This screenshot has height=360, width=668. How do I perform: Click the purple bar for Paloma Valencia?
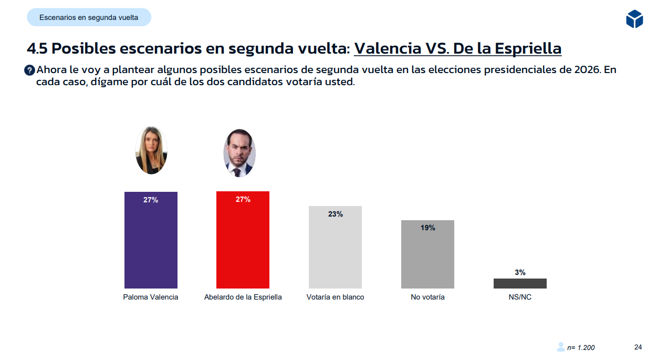(151, 242)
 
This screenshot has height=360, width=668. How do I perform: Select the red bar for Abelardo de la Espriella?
(243, 242)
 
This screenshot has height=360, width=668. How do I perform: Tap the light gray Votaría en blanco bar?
(335, 250)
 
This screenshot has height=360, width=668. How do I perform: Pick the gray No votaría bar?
(427, 256)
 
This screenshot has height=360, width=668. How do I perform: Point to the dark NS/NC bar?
(520, 283)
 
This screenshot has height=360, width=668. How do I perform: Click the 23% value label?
(335, 214)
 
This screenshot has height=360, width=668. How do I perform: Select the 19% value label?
(427, 228)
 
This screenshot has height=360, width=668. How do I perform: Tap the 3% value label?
(520, 272)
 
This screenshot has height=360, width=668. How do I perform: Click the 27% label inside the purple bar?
(151, 200)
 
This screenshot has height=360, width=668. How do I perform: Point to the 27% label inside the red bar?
(243, 200)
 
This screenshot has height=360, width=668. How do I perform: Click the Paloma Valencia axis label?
(151, 297)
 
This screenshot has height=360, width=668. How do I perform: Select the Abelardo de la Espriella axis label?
(243, 297)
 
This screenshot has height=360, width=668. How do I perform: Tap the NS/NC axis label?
(520, 297)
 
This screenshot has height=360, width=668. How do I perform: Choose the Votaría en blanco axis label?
(335, 297)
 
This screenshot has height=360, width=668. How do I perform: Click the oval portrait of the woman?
(151, 150)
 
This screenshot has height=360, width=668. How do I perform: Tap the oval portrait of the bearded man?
(239, 153)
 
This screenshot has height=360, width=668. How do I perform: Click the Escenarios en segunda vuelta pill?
(89, 17)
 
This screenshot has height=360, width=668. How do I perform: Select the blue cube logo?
(634, 19)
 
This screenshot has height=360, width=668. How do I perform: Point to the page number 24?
(638, 347)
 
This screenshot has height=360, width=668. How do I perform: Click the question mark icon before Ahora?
(30, 70)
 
